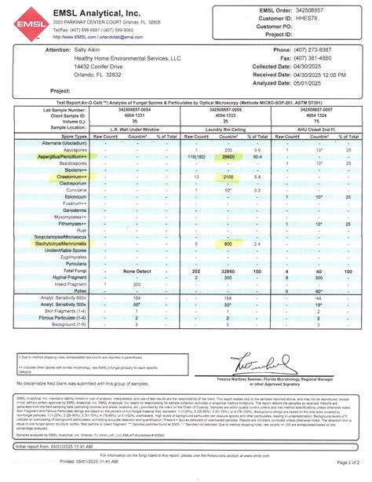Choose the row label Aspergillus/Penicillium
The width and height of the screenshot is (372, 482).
pos(60,156)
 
